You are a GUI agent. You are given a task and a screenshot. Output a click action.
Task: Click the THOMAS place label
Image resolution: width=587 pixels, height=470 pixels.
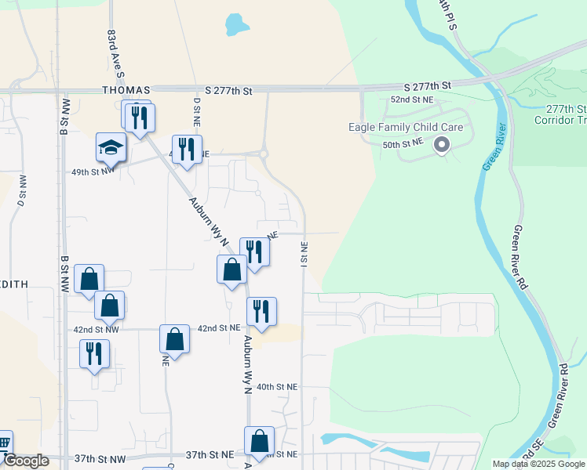126,91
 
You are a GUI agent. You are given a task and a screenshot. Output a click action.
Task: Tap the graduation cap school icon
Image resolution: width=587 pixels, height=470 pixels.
111,147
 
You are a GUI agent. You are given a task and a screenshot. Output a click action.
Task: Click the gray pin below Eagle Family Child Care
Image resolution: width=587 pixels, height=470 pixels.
441,144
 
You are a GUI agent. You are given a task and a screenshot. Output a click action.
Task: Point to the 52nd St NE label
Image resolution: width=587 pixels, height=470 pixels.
412,100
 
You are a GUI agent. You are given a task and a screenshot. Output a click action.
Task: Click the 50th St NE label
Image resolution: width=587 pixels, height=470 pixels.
403,144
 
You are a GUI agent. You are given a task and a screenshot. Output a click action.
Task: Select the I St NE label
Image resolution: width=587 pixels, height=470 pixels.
304,252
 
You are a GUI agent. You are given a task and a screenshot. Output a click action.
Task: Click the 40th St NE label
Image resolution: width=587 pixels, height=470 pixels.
277,387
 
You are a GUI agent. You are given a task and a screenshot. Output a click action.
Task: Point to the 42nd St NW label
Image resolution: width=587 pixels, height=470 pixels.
101,329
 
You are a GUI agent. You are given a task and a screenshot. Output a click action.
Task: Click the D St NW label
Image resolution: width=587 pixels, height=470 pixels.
22,193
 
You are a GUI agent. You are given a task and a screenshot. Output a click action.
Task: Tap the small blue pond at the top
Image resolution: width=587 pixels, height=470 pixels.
235,24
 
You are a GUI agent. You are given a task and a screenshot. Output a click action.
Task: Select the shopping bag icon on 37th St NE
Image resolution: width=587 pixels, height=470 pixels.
259,442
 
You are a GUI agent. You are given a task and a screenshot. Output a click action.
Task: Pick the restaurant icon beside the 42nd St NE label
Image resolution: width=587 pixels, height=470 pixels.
261,311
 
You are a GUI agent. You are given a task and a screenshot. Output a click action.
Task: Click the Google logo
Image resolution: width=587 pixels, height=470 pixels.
26,461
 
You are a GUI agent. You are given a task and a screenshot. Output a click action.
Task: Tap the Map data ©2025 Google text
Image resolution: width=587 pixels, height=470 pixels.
538,464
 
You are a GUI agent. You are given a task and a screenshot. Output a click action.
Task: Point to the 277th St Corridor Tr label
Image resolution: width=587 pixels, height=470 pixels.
560,114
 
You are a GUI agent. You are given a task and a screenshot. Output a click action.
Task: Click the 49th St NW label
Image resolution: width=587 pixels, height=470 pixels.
93,170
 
